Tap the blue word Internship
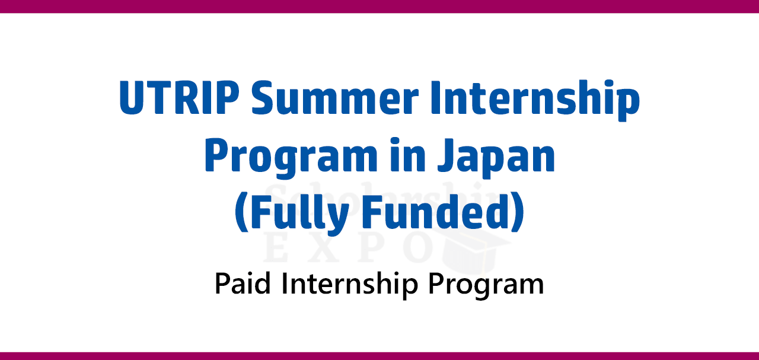[x=535, y=100]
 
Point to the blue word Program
[x=291, y=158]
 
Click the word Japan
[x=496, y=158]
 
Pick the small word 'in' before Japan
[x=407, y=155]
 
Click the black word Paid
[x=243, y=283]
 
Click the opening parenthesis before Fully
[x=242, y=213]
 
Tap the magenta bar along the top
[x=379, y=7]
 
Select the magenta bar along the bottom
[x=379, y=356]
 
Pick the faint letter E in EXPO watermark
[x=276, y=249]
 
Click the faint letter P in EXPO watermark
[x=371, y=249]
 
